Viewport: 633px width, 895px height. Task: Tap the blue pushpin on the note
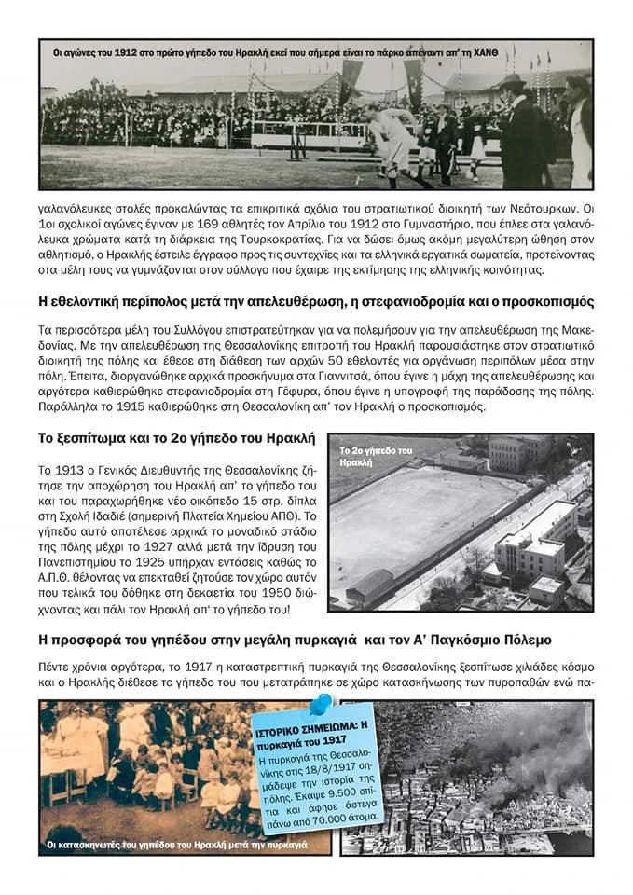pyautogui.click(x=320, y=705)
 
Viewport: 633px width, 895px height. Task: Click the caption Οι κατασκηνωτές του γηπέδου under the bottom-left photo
pyautogui.click(x=177, y=845)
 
